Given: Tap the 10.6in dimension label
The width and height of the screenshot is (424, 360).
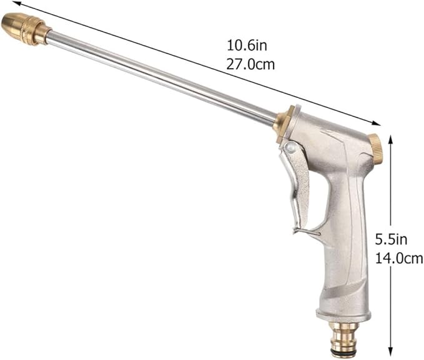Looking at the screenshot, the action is pyautogui.click(x=247, y=46).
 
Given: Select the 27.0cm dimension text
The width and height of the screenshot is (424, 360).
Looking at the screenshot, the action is pyautogui.click(x=250, y=65).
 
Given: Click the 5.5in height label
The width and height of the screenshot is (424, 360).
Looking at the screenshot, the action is pyautogui.click(x=391, y=240).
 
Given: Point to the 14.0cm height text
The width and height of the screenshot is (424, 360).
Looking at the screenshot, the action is pyautogui.click(x=399, y=258).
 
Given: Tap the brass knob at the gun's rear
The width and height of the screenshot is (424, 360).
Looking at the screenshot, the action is pyautogui.click(x=376, y=149).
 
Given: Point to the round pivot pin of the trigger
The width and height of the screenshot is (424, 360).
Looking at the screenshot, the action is pyautogui.click(x=290, y=147).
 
